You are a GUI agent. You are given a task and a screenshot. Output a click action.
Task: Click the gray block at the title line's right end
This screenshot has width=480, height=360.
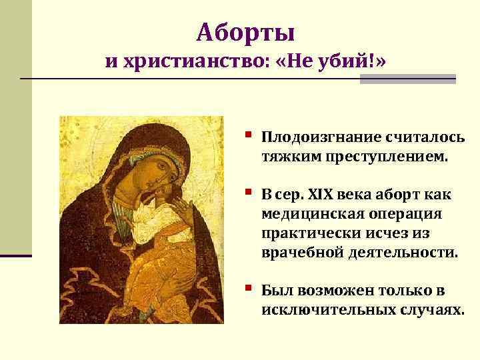(407, 79)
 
